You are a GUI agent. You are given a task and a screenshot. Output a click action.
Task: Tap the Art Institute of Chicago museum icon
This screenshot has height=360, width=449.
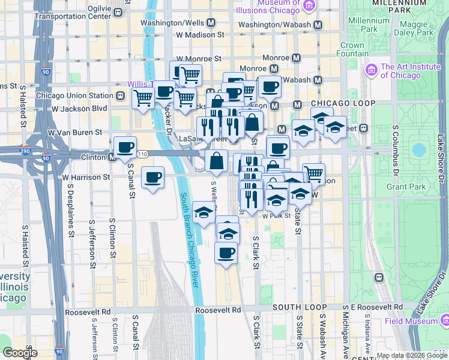point(370,71)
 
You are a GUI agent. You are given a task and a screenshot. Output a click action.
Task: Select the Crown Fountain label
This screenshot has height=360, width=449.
point(352,49)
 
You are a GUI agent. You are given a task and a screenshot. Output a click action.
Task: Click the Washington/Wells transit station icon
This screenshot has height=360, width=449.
point(211,23)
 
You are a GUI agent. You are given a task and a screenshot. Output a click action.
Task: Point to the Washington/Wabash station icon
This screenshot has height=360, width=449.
point(317,25)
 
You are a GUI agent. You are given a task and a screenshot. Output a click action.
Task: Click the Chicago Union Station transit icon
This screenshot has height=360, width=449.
point(121,95)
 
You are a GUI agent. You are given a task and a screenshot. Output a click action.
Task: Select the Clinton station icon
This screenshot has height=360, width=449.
point(112,157)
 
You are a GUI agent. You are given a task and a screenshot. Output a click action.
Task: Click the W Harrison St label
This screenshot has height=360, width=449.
point(86,178)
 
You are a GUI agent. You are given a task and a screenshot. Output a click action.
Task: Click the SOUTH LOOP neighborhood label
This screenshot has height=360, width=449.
point(294,307)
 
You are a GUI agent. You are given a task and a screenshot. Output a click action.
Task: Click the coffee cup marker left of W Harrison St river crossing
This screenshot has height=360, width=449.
point(153,176)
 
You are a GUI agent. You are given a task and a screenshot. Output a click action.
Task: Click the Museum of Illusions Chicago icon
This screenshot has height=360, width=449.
point(309,7)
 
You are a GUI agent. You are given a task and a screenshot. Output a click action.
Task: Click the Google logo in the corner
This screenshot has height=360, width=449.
point(20,353)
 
